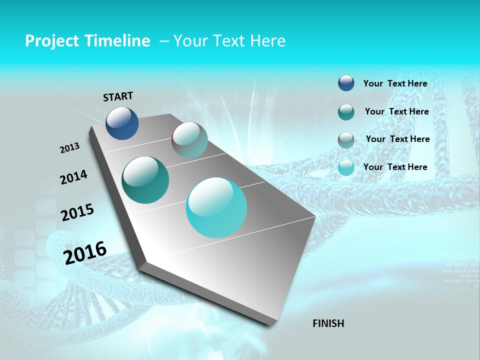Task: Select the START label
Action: (x=118, y=96)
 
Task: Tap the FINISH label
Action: (x=328, y=323)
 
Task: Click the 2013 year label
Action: (x=70, y=148)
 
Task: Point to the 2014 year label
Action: (x=74, y=177)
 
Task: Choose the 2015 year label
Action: (x=77, y=212)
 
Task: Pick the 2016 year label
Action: (x=85, y=252)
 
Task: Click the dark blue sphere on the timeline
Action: (x=122, y=123)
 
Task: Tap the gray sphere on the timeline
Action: (x=189, y=140)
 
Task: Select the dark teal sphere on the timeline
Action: (x=145, y=180)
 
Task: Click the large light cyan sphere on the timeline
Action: (x=216, y=207)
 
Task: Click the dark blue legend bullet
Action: (x=346, y=83)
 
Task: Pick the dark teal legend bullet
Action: (x=346, y=112)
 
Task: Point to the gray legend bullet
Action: (x=346, y=140)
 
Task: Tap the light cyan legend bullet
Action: (x=346, y=167)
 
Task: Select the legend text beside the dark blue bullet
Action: (x=395, y=83)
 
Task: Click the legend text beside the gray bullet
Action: (x=397, y=139)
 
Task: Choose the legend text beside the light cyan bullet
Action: (x=395, y=167)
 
